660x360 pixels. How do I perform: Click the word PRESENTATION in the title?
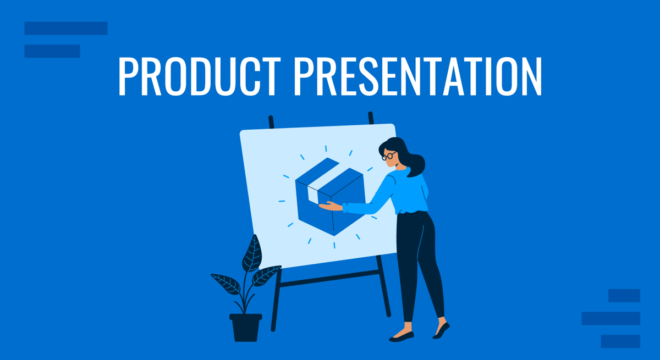pyautogui.click(x=418, y=76)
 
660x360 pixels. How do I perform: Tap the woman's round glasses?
pyautogui.click(x=389, y=156)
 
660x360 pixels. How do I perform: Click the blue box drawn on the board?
pyautogui.click(x=331, y=197)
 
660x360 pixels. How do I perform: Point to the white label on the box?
pyautogui.click(x=312, y=194)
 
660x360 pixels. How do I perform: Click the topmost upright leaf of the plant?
pyautogui.click(x=252, y=253)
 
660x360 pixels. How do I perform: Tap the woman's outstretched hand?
pyautogui.click(x=331, y=206)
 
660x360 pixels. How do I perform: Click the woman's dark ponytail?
pyautogui.click(x=415, y=165)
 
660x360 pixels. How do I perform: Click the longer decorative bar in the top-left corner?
pyautogui.click(x=66, y=28)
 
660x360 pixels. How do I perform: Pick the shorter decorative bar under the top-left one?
pyautogui.click(x=52, y=51)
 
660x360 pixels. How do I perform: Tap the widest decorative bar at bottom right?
pyautogui.click(x=611, y=318)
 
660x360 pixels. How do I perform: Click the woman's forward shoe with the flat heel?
pyautogui.click(x=402, y=337)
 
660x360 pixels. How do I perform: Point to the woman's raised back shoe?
pyautogui.click(x=441, y=331)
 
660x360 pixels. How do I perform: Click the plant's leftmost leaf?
pyautogui.click(x=226, y=284)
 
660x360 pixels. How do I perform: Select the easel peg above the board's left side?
pyautogui.click(x=271, y=122)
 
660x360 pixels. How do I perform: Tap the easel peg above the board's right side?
pyautogui.click(x=371, y=118)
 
